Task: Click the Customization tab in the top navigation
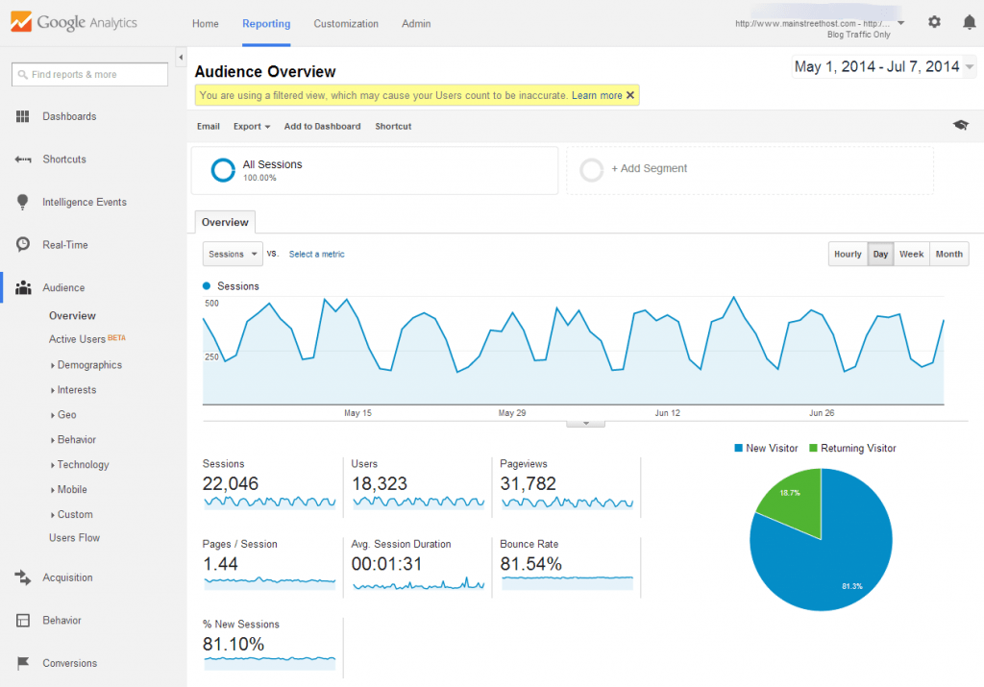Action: pos(346,24)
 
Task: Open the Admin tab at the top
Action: pos(416,24)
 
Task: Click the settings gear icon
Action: pos(934,22)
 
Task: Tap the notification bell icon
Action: pos(969,22)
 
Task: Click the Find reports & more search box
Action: pos(89,74)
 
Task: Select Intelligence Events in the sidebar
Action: pos(84,202)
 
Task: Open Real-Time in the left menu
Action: pos(64,245)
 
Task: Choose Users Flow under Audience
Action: pos(74,538)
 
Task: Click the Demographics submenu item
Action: pos(89,365)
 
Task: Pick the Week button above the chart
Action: pos(911,254)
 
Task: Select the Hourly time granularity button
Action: pos(848,254)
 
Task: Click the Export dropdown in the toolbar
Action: pos(252,126)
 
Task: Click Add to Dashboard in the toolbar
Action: pos(322,126)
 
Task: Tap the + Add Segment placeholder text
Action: pos(649,168)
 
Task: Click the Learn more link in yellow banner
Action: pos(597,95)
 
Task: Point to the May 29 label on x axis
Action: pos(512,413)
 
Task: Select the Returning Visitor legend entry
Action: pos(853,448)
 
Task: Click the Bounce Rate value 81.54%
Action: pos(530,564)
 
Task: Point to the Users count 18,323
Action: pos(380,483)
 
